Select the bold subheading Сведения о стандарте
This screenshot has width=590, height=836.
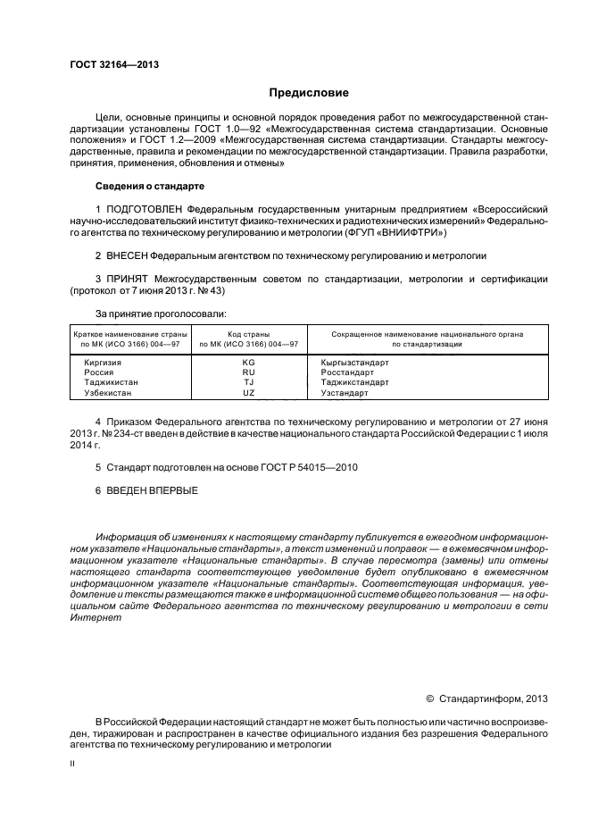(149, 186)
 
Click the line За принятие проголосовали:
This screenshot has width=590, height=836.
(161, 313)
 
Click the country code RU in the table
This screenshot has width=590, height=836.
(248, 372)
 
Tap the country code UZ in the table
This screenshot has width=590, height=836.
(248, 392)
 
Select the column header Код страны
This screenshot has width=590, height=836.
(248, 334)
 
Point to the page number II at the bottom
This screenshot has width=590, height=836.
(73, 765)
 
